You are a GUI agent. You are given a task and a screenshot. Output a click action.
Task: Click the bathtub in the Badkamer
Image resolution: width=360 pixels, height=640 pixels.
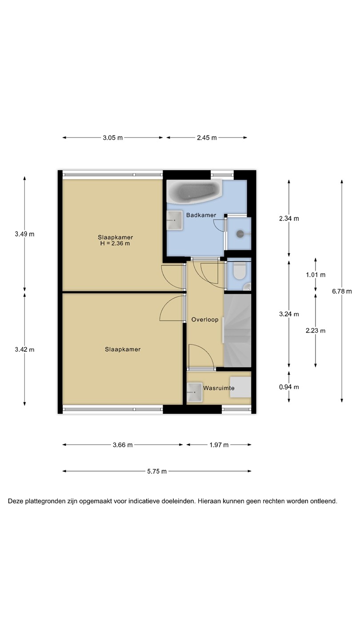194,192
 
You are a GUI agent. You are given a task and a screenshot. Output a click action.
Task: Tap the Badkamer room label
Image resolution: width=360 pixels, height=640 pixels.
201,215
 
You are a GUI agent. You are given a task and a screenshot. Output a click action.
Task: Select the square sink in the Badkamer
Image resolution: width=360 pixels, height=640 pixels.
175,220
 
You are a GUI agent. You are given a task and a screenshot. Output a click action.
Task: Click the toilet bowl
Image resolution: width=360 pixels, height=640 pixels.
240,271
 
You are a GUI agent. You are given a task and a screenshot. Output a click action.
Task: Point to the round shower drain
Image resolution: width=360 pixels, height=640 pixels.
240,234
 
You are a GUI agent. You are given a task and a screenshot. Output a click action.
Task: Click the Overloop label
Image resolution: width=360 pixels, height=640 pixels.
205,320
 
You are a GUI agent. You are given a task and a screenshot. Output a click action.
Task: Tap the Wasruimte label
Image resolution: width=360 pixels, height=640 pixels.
219,388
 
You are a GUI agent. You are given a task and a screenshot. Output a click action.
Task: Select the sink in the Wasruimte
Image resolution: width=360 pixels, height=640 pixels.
195,392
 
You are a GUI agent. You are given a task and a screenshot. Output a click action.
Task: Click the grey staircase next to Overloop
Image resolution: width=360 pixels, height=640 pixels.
237,330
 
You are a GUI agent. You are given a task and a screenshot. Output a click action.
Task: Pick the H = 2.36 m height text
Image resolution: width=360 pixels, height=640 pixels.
115,244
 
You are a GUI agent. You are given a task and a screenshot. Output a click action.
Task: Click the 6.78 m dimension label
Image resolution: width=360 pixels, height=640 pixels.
342,292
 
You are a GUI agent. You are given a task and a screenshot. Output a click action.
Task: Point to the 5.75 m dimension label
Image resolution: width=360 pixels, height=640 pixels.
157,472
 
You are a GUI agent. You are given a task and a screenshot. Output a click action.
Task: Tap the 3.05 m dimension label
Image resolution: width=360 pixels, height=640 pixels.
113,138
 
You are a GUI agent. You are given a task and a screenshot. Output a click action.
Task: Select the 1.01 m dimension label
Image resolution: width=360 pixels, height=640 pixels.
316,275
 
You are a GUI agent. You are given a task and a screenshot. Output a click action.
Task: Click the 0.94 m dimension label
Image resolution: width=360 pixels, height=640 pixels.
289,387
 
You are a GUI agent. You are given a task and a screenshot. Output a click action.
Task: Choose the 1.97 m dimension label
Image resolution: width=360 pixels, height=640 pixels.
219,445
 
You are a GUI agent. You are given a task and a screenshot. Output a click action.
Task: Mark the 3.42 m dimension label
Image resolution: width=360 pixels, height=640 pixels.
24,349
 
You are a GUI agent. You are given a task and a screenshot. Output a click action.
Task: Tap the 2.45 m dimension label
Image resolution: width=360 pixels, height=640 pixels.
207,138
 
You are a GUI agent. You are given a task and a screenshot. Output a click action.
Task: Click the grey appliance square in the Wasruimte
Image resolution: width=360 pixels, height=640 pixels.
240,387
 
